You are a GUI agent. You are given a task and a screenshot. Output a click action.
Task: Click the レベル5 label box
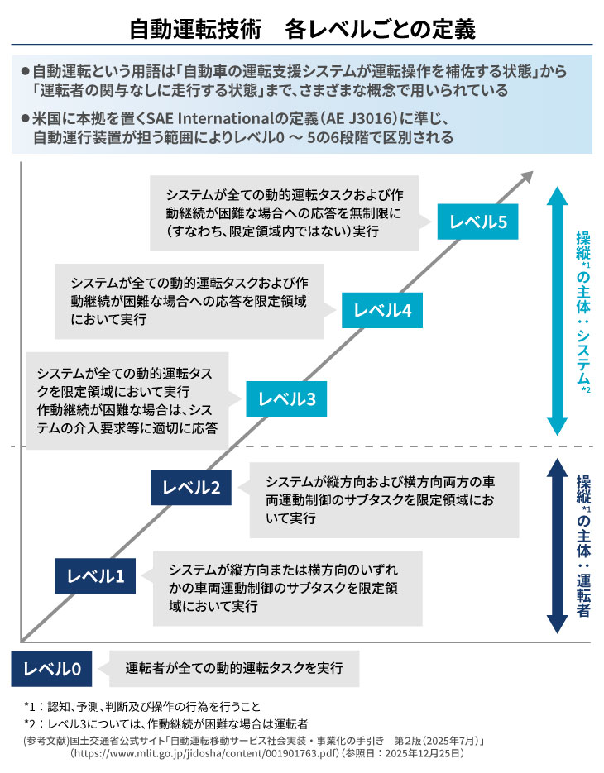point(477,222)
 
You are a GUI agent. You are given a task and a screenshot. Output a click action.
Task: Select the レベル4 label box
point(383,310)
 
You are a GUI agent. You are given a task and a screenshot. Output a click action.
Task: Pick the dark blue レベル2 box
point(191,487)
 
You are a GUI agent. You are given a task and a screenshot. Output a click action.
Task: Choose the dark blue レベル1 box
point(95,575)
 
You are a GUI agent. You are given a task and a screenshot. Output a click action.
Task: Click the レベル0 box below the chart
point(51,668)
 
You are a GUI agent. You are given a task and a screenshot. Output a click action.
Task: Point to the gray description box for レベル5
point(284,212)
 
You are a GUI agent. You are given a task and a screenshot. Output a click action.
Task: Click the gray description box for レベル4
point(189,301)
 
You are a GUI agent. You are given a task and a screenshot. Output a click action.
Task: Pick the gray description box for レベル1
point(287,588)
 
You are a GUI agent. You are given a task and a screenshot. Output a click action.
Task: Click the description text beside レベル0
point(234,668)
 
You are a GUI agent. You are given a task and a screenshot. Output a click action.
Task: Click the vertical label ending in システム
point(583,310)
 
